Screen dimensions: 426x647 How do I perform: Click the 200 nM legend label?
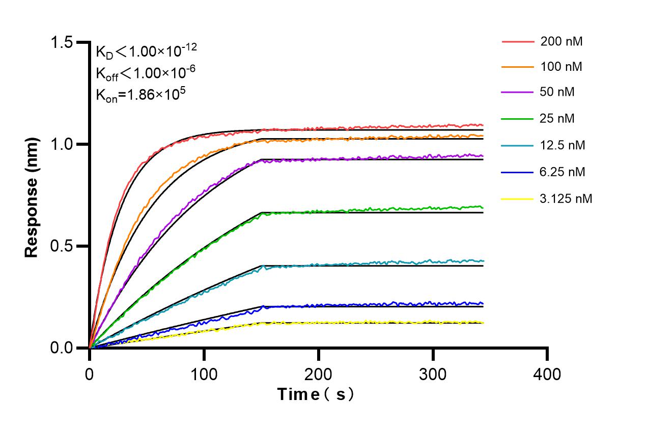click(561, 41)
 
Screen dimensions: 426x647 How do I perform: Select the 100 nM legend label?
click(561, 67)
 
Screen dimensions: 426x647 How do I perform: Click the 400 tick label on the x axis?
click(547, 375)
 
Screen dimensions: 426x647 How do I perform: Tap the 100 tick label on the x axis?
click(204, 375)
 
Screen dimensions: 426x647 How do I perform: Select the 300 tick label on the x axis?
click(433, 375)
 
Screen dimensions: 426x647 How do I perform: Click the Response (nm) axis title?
click(33, 196)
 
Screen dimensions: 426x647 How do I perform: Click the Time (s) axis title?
click(316, 394)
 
